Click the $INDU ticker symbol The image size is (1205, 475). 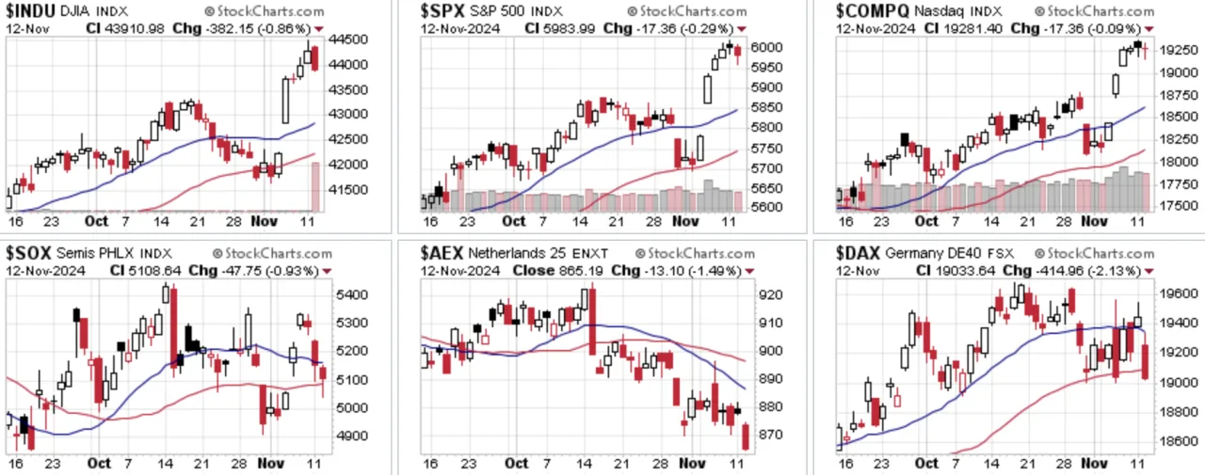point(30,10)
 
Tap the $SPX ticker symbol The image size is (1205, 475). point(442,10)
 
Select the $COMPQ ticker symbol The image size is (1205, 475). point(872,10)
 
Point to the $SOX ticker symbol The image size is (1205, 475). point(28,253)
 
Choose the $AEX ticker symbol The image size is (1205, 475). point(442,253)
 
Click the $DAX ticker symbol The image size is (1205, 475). point(858,253)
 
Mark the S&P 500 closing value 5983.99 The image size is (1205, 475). point(570,28)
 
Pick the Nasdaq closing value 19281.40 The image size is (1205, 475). point(972,28)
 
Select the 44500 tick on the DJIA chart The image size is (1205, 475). point(348,40)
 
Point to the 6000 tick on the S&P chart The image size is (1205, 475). point(766,47)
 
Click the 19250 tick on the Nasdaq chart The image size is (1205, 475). point(1179,50)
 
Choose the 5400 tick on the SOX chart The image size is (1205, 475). point(352,294)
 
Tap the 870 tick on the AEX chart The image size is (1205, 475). point(770,435)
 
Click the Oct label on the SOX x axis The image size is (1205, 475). point(99,463)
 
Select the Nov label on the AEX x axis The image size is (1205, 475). point(692,463)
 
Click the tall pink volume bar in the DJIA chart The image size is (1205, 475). point(315,186)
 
